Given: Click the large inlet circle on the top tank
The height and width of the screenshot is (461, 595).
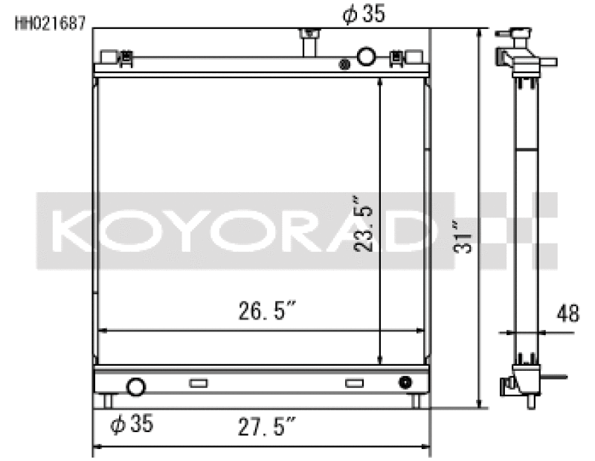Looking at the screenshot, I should pos(367,56).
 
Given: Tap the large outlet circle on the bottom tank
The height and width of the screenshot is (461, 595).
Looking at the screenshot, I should pos(136,386).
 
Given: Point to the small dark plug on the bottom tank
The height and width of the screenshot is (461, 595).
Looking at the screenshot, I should pos(405,383).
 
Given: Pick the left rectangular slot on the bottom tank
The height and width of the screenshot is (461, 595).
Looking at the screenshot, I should pos(199,384).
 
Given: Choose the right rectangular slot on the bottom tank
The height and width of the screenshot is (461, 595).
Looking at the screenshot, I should pos(355,384).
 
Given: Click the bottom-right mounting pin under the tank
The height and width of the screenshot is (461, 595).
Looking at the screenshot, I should pos(416,401).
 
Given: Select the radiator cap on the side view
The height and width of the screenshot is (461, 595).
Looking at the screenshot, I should pos(518,35).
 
